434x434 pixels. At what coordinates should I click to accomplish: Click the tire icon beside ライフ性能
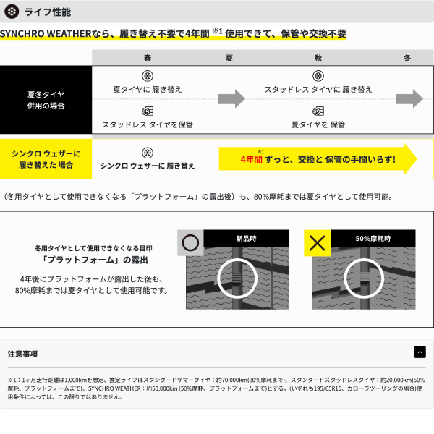coord(12,12)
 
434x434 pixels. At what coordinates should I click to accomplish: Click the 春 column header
coord(148,58)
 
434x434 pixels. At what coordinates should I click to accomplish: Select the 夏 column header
coord(229,58)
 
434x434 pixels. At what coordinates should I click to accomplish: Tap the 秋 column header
coord(318,58)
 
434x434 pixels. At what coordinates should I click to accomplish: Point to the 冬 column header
coord(407,58)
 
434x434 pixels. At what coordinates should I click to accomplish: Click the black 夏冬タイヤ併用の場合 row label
coord(46,100)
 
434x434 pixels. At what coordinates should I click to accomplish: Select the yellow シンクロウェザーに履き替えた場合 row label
coord(46,159)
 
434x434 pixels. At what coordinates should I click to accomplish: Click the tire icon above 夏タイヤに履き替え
coord(148,76)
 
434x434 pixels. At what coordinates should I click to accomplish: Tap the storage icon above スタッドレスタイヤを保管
coord(148,111)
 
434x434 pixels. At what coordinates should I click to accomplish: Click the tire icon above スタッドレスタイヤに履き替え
coord(318,76)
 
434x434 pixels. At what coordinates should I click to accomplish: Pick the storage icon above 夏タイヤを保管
coord(318,111)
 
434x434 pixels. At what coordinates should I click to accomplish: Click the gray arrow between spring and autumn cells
coord(231,98)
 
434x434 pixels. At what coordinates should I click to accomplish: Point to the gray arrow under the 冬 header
coord(409,98)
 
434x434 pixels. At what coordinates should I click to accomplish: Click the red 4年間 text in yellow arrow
coord(251,159)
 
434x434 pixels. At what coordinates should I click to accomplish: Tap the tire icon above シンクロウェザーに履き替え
coord(148,153)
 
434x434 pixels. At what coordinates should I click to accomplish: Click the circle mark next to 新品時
coord(190,243)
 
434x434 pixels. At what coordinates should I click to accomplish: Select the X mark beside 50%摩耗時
coord(318,243)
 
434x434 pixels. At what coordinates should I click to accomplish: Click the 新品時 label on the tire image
coord(246,239)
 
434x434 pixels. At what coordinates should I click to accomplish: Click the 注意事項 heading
coord(22,354)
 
